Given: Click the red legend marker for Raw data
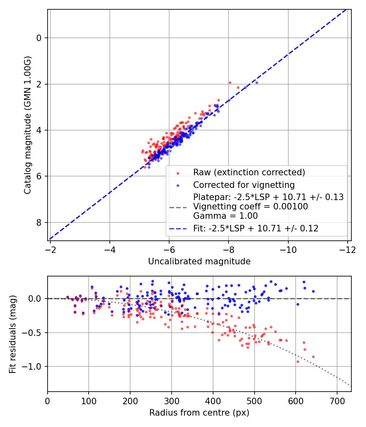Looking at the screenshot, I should tap(178, 173).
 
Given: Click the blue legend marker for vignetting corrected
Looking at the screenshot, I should tap(178, 185).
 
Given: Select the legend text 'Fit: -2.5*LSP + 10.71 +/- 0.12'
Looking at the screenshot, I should tap(255, 229).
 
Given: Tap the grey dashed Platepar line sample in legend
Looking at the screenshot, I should tap(178, 207).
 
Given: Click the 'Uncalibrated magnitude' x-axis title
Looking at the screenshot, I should tap(199, 261).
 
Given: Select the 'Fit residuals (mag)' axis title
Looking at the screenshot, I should tap(13, 333).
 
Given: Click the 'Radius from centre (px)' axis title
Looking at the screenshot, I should tap(199, 413).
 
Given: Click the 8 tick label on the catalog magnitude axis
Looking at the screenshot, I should tap(39, 222).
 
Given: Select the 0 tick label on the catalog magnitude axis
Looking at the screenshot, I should tap(39, 38).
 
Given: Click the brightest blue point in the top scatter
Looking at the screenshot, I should tap(256, 83).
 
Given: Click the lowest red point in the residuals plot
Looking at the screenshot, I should tap(298, 362).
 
